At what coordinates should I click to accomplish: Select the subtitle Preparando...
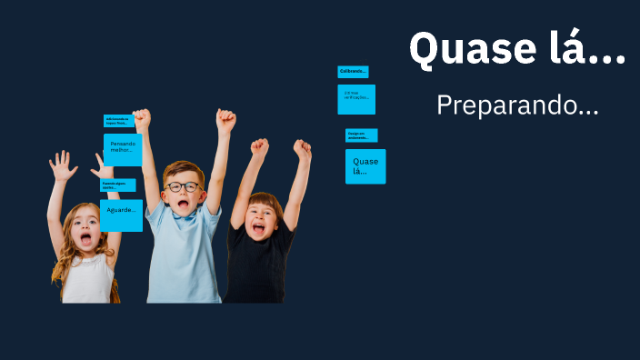[x=517, y=105]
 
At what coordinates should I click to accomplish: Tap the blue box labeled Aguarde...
[x=121, y=215]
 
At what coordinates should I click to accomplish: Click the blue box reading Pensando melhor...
[x=122, y=149]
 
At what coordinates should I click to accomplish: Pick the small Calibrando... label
[x=353, y=72]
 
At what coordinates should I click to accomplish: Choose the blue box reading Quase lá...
[x=365, y=166]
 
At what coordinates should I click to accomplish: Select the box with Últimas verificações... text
[x=356, y=99]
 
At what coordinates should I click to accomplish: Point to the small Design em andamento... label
[x=361, y=135]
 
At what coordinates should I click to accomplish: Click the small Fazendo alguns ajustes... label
[x=117, y=185]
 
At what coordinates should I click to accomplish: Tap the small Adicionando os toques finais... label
[x=119, y=121]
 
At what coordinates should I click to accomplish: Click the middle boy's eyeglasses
[x=183, y=187]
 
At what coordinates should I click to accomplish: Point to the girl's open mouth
[x=85, y=239]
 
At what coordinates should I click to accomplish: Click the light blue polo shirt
[x=185, y=259]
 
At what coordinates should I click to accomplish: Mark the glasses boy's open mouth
[x=183, y=205]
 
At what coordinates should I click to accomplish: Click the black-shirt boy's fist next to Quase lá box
[x=302, y=150]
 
